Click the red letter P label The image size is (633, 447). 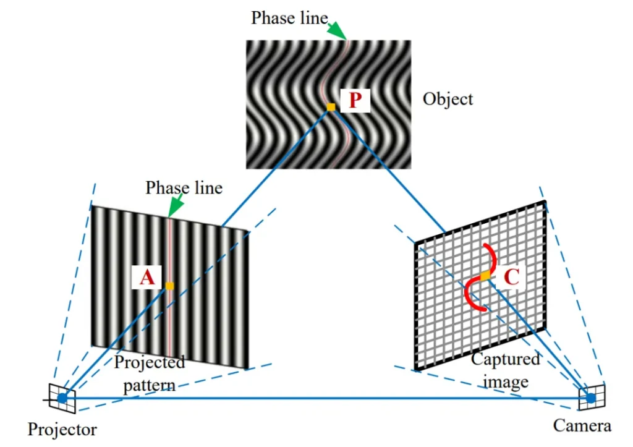coord(355,100)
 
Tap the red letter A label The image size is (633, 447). coord(147,278)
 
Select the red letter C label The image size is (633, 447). coord(511,277)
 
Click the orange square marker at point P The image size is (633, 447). coord(331,107)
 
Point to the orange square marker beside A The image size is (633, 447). coord(169,286)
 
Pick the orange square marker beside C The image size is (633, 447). coord(485,276)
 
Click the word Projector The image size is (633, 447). coord(62,430)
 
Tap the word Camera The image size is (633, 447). coord(582,425)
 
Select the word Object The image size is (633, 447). coord(448,100)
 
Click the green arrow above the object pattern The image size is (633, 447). coord(337,30)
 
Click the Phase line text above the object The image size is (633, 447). coord(289,18)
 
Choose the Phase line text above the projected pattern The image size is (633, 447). coord(184,188)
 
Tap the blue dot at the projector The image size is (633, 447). coord(62,398)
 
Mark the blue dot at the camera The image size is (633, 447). coord(590,399)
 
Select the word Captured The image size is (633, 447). coord(506,359)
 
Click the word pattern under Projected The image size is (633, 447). coord(150,386)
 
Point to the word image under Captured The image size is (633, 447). coord(506,382)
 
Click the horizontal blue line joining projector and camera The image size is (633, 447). coord(326,398)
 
